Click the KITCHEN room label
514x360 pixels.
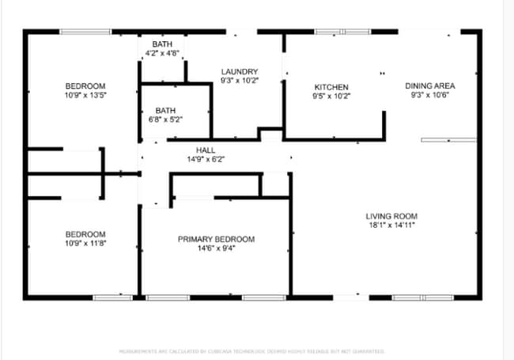(x=331, y=87)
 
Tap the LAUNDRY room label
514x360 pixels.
(x=239, y=71)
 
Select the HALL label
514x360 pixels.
(x=206, y=150)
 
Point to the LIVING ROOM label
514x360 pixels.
(x=391, y=216)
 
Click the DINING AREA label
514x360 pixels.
(x=430, y=85)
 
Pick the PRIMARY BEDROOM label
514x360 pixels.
(x=216, y=239)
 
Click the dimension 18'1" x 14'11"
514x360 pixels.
(x=391, y=225)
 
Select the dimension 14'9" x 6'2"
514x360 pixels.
(x=206, y=158)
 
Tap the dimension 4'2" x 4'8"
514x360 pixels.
(x=163, y=53)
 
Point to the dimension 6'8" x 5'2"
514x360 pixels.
(x=165, y=119)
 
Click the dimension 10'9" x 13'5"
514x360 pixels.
(x=85, y=95)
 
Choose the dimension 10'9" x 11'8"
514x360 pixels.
(x=85, y=243)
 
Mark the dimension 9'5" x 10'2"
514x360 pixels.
(x=331, y=96)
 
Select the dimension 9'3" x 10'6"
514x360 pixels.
(x=430, y=95)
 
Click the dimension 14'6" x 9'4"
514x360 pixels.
(x=216, y=248)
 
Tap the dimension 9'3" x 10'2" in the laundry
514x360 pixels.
(x=239, y=80)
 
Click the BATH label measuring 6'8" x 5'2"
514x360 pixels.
(x=165, y=111)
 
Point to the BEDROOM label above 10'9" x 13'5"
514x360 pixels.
(x=85, y=85)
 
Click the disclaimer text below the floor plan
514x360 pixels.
(x=252, y=351)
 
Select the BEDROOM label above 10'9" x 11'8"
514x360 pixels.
(x=85, y=234)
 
